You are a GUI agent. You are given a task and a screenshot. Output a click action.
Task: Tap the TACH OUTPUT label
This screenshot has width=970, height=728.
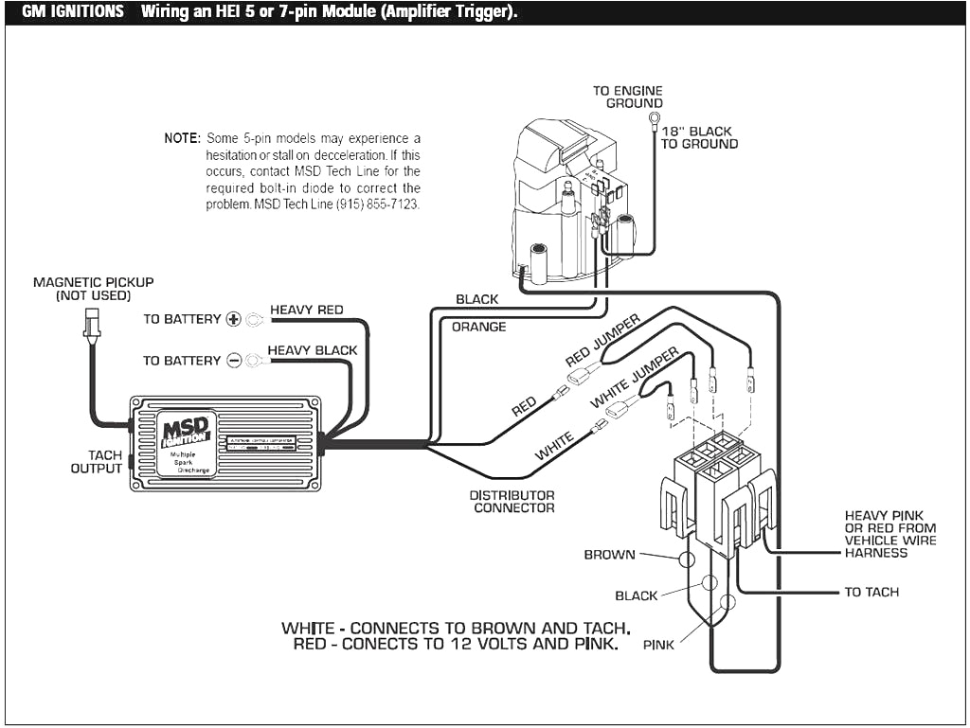pyautogui.click(x=98, y=462)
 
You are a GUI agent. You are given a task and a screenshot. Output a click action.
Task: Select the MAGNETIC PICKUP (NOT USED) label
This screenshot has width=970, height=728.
pyautogui.click(x=93, y=289)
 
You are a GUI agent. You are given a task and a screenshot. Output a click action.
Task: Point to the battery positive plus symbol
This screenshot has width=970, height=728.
pyautogui.click(x=234, y=319)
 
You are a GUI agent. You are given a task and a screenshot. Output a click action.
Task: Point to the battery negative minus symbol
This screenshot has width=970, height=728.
pyautogui.click(x=234, y=361)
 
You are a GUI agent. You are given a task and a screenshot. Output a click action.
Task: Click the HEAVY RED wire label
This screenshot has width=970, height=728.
pyautogui.click(x=307, y=310)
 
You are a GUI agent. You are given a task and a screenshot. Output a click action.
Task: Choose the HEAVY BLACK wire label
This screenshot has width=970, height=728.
pyautogui.click(x=313, y=350)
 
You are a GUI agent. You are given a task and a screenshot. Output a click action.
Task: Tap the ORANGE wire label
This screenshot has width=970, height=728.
pyautogui.click(x=478, y=328)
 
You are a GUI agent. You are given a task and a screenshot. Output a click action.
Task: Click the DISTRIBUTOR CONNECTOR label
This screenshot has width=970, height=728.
pyautogui.click(x=513, y=502)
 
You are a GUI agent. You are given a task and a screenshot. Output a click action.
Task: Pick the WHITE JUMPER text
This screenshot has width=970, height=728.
pyautogui.click(x=634, y=378)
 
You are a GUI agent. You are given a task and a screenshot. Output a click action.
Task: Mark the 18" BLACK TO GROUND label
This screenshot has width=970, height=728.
pyautogui.click(x=699, y=138)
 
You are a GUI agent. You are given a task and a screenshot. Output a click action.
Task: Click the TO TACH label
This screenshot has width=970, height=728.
pyautogui.click(x=871, y=593)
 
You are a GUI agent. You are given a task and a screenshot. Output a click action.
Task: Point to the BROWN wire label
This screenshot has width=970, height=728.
pyautogui.click(x=609, y=555)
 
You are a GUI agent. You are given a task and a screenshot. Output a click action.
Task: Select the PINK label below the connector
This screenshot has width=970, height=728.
pyautogui.click(x=658, y=646)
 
